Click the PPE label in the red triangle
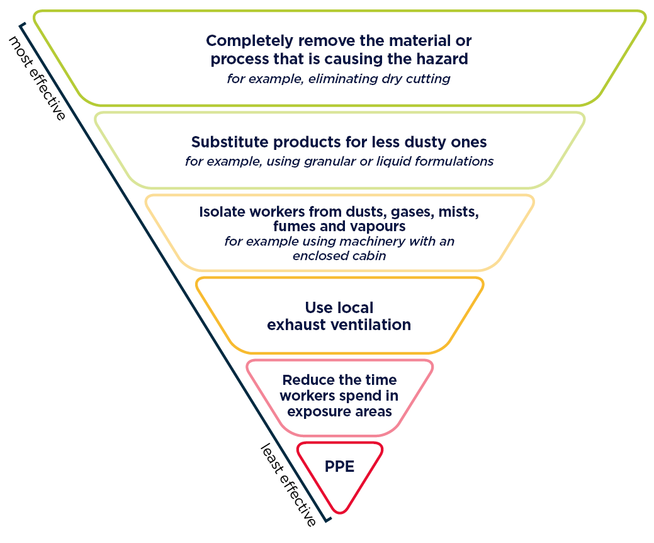coord(339,466)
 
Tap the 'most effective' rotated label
coord(37,78)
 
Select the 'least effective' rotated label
coord(288,485)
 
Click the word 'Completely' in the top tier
coord(250,42)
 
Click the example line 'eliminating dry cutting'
coord(379,79)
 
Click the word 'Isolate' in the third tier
coord(222,212)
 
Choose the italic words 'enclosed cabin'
coord(339,256)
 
